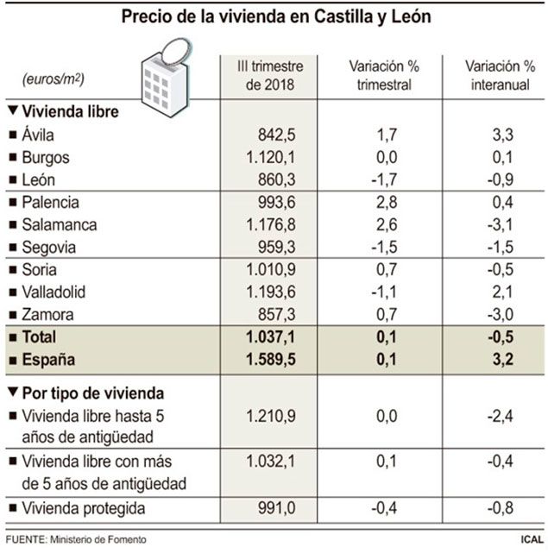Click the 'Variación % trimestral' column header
pyautogui.click(x=381, y=76)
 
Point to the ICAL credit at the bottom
pyautogui.click(x=528, y=541)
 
